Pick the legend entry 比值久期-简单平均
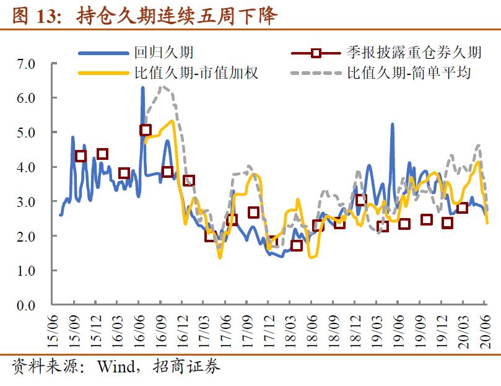click(409, 73)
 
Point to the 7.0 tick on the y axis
click(27, 64)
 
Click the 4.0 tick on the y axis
click(27, 167)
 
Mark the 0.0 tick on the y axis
click(27, 305)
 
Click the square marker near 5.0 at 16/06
click(146, 130)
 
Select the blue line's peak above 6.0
click(142, 88)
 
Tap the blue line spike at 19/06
click(392, 125)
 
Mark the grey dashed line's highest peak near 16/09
click(163, 86)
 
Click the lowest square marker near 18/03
click(297, 245)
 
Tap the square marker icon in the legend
click(316, 53)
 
